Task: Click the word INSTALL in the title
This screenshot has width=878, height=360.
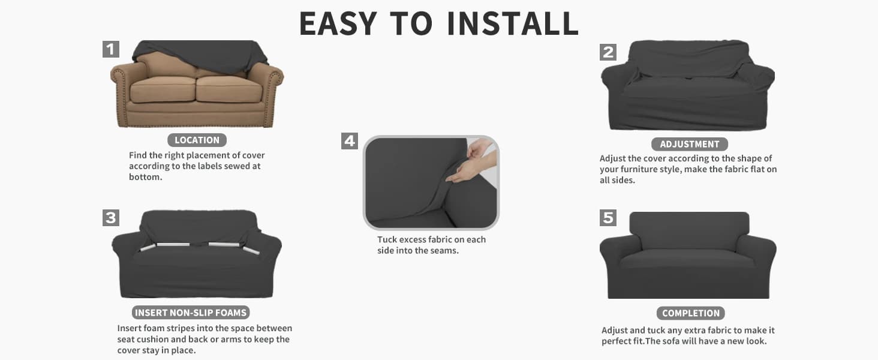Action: pos(513,23)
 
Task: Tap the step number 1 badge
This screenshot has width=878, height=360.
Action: pos(111,49)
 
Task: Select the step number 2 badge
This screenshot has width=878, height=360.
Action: pos(608,52)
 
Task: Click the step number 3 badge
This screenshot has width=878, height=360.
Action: pos(111,218)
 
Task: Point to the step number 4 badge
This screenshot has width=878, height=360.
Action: pos(350,141)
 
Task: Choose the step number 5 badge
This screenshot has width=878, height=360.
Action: pos(608,218)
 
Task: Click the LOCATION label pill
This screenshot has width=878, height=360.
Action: pos(197,140)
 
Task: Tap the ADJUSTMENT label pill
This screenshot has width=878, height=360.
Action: pos(690,144)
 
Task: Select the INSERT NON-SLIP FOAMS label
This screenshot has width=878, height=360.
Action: pos(191,313)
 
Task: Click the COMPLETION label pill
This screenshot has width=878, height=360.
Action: pos(691,313)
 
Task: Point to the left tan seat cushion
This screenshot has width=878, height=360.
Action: pos(163,89)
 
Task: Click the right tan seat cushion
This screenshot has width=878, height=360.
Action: pos(228,89)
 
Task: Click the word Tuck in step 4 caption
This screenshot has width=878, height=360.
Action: pos(386,239)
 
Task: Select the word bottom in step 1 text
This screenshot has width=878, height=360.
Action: pos(145,177)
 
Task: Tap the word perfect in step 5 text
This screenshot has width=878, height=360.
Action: pos(617,341)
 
